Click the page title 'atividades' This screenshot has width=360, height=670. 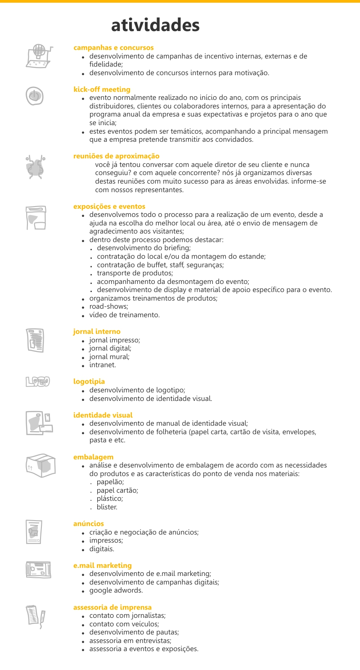coord(155,25)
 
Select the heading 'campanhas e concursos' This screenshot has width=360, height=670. coord(113,47)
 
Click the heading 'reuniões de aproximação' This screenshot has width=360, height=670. coord(116,156)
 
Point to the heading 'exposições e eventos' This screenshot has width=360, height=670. coord(109,207)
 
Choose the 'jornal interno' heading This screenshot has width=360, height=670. coord(96,332)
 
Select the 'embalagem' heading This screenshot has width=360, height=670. coord(93,457)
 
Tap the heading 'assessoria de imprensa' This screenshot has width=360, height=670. coord(112,607)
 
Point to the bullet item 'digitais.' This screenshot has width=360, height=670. coord(102,549)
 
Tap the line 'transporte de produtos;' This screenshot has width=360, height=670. coord(135,273)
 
